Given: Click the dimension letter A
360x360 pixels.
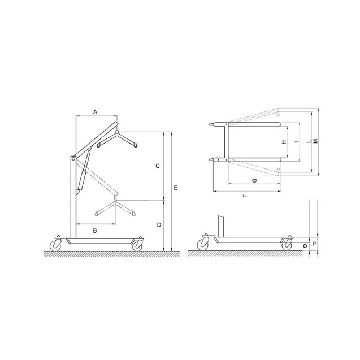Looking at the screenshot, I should (x=96, y=112).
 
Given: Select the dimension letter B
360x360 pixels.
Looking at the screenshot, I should (x=96, y=231).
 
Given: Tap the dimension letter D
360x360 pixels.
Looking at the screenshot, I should (x=159, y=225).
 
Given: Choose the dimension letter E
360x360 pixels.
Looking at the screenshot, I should (x=176, y=186).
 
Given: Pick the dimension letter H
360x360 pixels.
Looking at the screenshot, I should (x=284, y=142).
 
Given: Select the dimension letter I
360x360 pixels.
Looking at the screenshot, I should (x=295, y=142).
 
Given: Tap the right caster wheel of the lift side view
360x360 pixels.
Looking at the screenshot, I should (x=137, y=245).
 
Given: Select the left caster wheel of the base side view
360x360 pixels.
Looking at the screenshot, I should (x=202, y=244).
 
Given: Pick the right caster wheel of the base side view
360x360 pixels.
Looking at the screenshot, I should (x=287, y=244).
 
